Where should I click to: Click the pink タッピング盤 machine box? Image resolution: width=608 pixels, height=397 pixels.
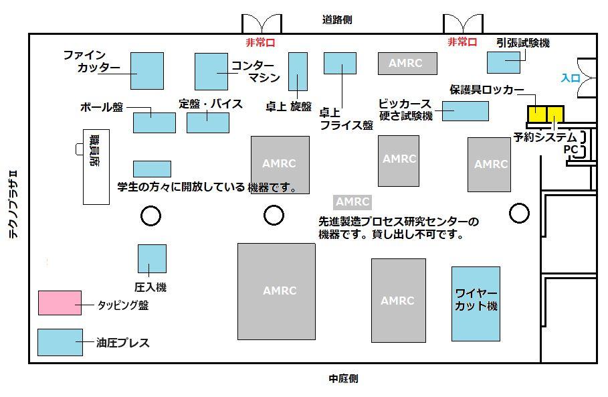coord(60,303)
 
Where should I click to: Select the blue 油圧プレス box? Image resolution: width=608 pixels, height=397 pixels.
coord(60,342)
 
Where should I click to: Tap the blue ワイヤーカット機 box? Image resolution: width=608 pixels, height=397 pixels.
coord(476,304)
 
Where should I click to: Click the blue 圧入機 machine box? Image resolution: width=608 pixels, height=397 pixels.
coord(152,258)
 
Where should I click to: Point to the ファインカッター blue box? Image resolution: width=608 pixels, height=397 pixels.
coord(147,71)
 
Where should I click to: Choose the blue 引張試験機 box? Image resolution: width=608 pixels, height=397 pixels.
coord(503,62)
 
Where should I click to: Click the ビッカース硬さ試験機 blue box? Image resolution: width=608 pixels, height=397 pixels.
coord(466,111)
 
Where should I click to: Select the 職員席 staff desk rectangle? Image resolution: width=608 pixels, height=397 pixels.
coord(96,167)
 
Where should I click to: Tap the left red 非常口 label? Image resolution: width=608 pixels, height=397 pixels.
coord(260,42)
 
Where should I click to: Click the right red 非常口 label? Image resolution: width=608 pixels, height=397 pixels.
coord(462,42)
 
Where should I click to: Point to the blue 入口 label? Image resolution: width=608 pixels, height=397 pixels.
coord(571,78)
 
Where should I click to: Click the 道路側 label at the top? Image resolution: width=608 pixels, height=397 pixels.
coord(337,19)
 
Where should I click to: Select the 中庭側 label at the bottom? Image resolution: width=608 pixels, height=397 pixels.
coord(343,378)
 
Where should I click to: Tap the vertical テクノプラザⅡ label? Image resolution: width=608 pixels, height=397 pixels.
coord(13,204)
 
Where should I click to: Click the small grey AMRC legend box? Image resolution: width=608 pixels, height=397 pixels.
coord(352,202)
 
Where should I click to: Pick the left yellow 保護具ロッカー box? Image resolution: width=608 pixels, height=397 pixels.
coord(537,114)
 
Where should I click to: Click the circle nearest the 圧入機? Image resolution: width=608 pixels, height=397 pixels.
coord(150,216)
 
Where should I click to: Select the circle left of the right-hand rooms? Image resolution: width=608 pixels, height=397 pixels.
coord(519,213)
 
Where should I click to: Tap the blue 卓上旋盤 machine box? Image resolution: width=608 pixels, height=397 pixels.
coord(298,72)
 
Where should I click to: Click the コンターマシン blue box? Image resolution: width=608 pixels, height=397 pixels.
coord(211,72)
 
